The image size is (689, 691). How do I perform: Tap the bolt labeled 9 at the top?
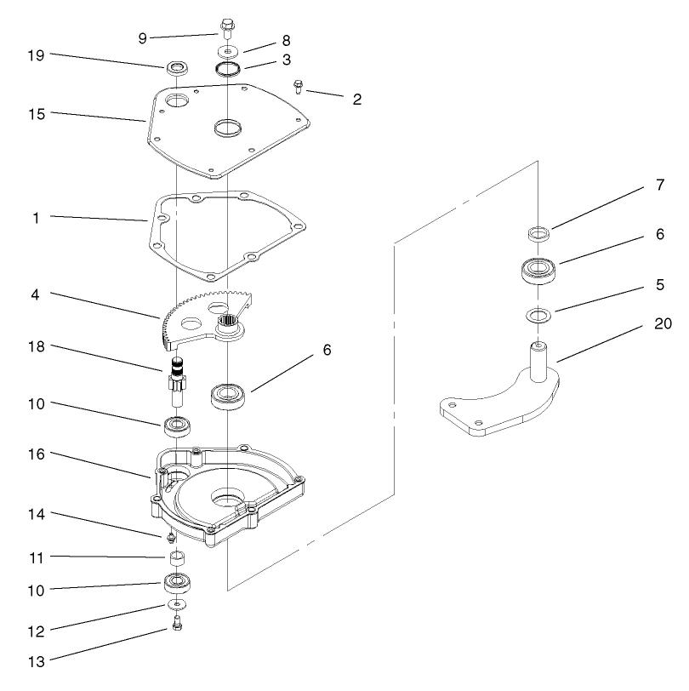point(226,28)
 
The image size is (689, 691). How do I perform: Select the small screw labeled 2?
point(299,85)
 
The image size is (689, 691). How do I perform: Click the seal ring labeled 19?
point(177,66)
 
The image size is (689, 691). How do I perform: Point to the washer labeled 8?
point(227,52)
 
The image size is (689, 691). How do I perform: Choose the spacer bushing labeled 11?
point(177,558)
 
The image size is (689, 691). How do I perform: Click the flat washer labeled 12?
point(176,604)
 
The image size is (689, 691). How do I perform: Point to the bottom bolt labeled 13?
point(176,625)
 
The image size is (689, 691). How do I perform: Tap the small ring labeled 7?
point(537,232)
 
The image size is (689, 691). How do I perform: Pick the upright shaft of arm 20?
point(538,361)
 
